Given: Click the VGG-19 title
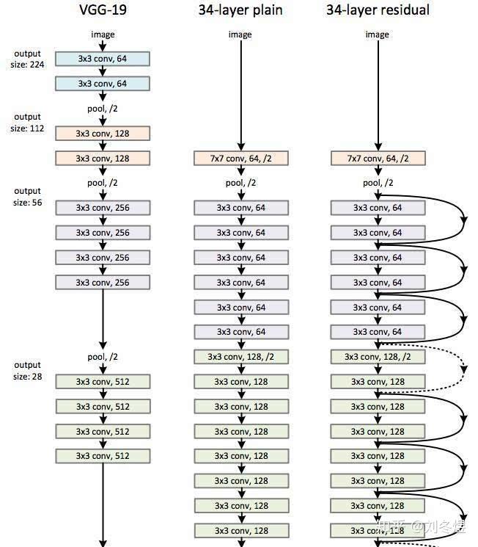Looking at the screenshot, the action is tap(103, 10).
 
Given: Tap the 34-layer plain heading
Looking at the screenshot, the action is tap(240, 10).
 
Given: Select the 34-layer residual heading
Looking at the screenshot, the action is tap(378, 10).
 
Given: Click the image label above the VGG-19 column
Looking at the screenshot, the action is tap(103, 35).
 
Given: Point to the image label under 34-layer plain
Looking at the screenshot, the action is tap(240, 35).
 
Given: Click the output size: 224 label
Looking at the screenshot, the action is tap(27, 59).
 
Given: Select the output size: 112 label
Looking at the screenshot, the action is tap(27, 123).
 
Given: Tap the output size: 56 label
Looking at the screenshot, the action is tap(28, 197).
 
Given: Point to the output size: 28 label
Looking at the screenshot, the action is tap(28, 371).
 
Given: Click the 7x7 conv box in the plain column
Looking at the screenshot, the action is tap(241, 159).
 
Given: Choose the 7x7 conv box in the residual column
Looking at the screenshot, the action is tap(378, 159).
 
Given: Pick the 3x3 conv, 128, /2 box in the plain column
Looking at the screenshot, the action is tap(241, 357).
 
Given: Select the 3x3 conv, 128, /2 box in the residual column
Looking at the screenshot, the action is tap(378, 357).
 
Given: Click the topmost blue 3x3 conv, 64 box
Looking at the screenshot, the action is tap(103, 59).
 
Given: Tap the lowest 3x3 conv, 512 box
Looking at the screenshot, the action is tap(103, 456).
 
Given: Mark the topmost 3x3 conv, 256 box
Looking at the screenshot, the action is tap(103, 208).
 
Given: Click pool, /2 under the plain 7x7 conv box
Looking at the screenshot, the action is tap(240, 183).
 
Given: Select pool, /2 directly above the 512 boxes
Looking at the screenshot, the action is tap(103, 357).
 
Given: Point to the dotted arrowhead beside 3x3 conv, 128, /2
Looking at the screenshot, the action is tap(464, 370).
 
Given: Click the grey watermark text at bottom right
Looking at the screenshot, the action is tap(422, 526).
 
